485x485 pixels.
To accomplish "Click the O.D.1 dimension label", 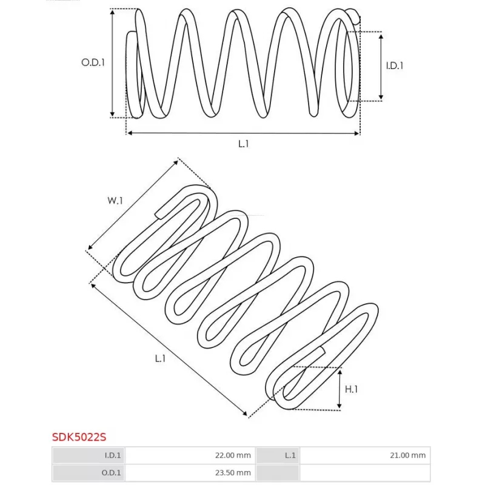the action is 93,62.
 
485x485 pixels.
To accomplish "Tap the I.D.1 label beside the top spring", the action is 395,65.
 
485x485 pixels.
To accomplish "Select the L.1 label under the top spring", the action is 244,144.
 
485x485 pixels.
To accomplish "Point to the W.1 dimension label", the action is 115,201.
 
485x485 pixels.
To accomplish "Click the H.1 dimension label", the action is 351,389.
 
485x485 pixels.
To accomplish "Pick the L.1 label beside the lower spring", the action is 160,358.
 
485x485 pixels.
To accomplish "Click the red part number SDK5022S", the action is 79,437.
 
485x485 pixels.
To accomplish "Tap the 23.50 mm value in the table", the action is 233,473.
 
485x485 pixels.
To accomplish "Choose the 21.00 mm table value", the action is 407,455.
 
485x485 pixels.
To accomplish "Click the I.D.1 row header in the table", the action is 89,455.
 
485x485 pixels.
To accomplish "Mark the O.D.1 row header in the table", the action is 89,473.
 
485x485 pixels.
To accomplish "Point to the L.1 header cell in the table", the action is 278,455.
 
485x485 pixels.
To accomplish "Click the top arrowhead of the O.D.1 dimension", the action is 113,11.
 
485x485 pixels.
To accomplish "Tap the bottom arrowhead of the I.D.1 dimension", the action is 381,98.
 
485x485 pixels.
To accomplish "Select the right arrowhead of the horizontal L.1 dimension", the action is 357,133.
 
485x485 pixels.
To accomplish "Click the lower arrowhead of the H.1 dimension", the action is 339,407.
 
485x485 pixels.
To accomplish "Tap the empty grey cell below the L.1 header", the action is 278,473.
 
